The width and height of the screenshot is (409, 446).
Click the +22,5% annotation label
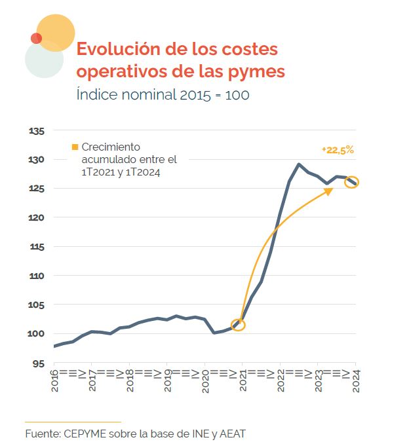[338, 150]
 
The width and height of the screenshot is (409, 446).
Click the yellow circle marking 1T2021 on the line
[239, 325]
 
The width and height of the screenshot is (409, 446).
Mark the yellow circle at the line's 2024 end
[352, 182]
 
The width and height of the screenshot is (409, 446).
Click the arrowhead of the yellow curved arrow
[329, 189]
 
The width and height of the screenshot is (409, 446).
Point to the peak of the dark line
[299, 164]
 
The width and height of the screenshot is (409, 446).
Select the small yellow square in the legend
[75, 147]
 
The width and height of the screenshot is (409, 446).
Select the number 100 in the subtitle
[237, 94]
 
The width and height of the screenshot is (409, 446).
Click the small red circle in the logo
[36, 38]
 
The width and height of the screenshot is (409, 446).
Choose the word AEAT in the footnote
[231, 434]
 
